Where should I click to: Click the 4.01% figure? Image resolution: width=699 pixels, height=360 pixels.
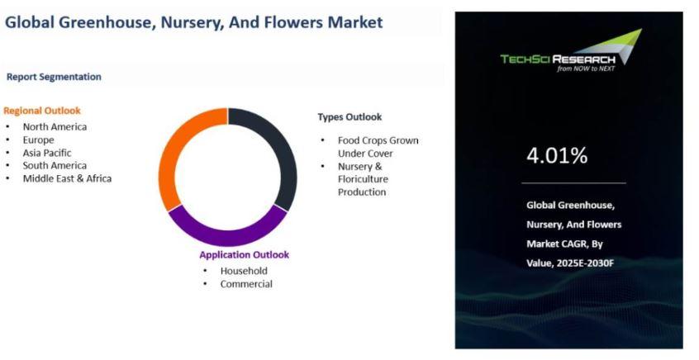pyautogui.click(x=557, y=155)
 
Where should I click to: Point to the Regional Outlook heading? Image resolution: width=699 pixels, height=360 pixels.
pyautogui.click(x=42, y=111)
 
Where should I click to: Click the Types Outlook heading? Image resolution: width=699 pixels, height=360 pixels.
pyautogui.click(x=350, y=116)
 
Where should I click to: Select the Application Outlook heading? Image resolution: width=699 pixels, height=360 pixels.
pyautogui.click(x=245, y=255)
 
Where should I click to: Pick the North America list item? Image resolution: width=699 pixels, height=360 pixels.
pyautogui.click(x=55, y=127)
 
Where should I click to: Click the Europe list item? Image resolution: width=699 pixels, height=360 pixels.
pyautogui.click(x=38, y=140)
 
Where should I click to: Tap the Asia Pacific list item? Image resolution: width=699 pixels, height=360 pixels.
pyautogui.click(x=47, y=153)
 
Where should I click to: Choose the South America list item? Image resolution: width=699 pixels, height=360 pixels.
pyautogui.click(x=55, y=166)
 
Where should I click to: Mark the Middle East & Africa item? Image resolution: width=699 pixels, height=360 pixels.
pyautogui.click(x=67, y=178)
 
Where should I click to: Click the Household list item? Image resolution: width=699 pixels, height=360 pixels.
pyautogui.click(x=244, y=271)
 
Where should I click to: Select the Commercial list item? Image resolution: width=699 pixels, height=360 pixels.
pyautogui.click(x=246, y=284)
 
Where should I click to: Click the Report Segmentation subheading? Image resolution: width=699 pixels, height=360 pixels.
pyautogui.click(x=54, y=77)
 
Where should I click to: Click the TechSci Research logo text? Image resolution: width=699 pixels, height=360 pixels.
pyautogui.click(x=558, y=59)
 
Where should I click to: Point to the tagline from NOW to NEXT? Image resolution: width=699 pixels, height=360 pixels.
pyautogui.click(x=586, y=69)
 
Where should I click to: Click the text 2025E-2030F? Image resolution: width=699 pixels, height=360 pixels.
pyautogui.click(x=585, y=263)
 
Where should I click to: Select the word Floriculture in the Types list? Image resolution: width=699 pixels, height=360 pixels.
pyautogui.click(x=363, y=179)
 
